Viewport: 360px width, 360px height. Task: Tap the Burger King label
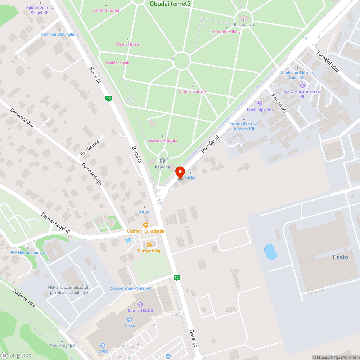pos(149,251)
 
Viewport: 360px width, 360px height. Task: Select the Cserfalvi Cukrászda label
pos(145,231)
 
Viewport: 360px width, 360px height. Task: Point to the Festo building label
pos(340,257)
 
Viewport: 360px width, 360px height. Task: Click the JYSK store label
pos(103,351)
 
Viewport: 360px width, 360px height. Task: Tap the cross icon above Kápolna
pos(162,161)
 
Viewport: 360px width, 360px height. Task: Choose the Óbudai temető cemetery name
pos(170,4)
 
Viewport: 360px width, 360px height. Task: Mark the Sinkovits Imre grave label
pos(192,91)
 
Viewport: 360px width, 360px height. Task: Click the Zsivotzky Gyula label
pos(163,140)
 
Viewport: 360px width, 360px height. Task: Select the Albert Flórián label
pos(106,10)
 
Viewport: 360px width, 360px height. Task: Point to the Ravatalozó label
pos(244,25)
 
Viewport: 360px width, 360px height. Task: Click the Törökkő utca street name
pos(328,61)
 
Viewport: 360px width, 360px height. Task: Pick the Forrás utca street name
pos(90,148)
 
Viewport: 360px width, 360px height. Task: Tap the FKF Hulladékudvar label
pos(27,253)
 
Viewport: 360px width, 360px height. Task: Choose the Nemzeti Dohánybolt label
pos(59,35)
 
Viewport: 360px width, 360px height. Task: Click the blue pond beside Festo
pos(270,252)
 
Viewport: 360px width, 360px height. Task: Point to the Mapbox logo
pos(16,355)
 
